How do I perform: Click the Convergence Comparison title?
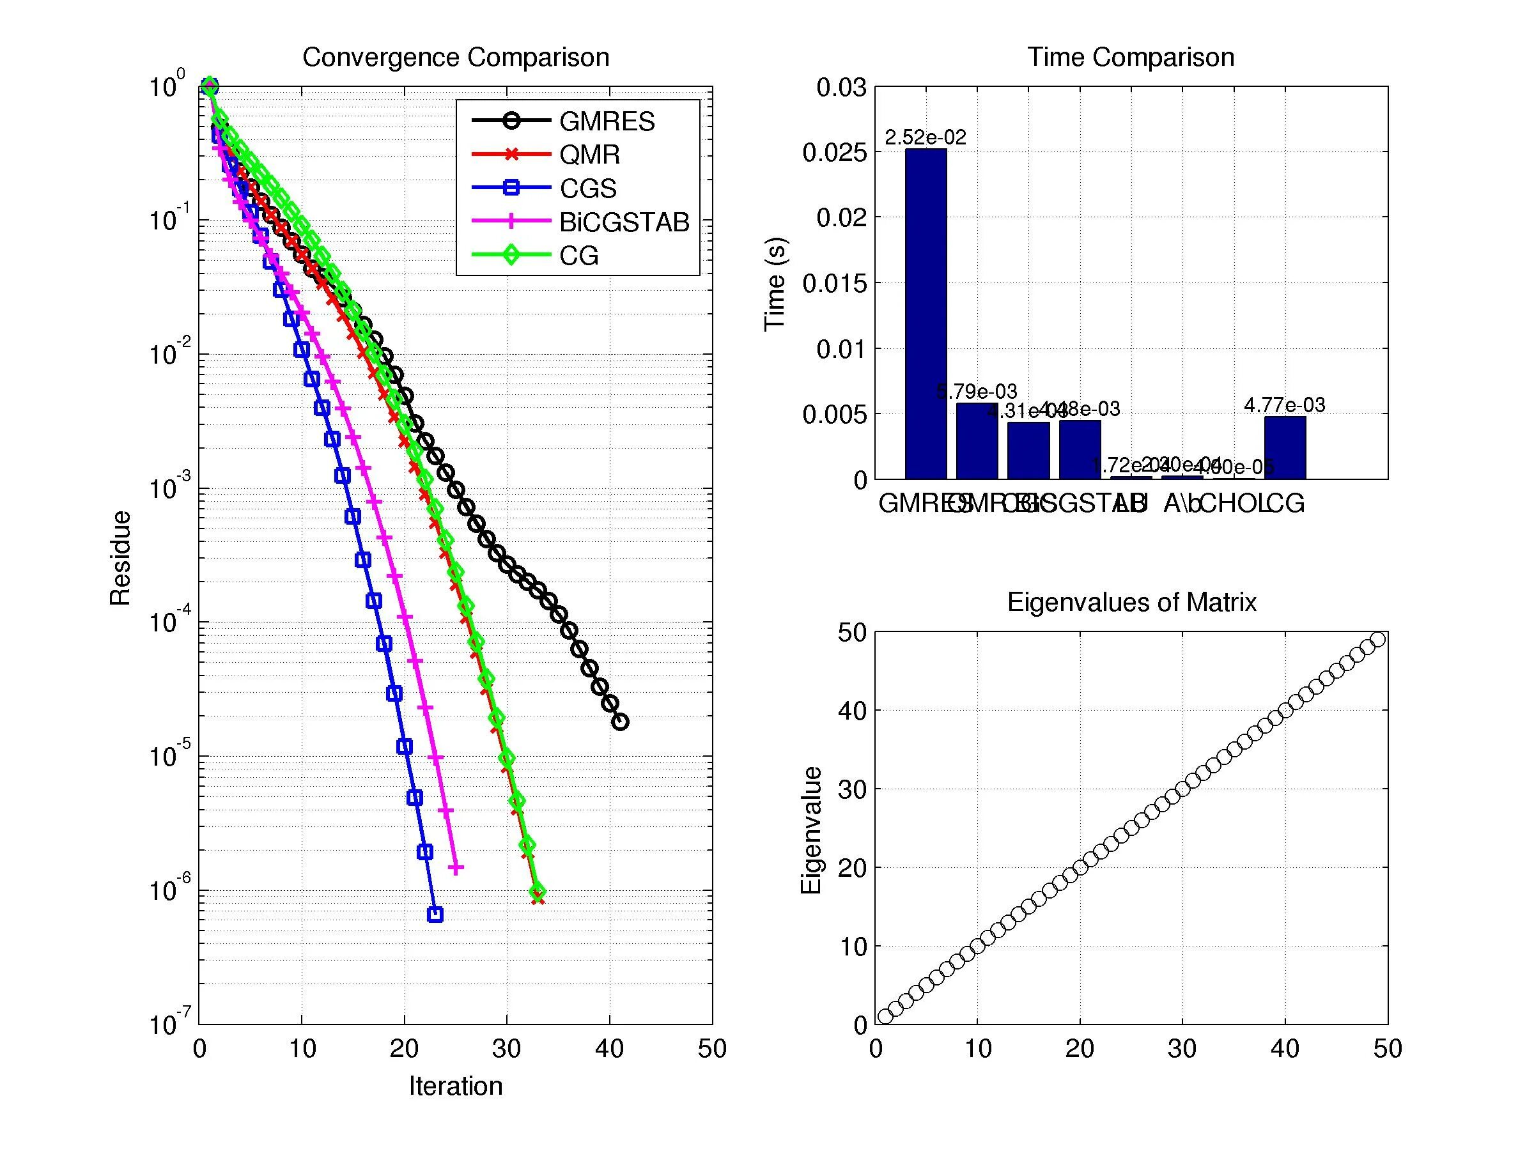(x=456, y=57)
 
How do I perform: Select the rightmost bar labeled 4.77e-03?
(x=1284, y=448)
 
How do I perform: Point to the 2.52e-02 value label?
(x=925, y=137)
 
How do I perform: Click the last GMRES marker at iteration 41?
(x=620, y=722)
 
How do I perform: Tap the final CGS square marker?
(x=435, y=915)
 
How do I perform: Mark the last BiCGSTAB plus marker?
(x=456, y=867)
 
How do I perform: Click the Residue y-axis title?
(x=120, y=557)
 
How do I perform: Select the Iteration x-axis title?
(x=456, y=1086)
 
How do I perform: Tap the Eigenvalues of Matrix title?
(x=1131, y=602)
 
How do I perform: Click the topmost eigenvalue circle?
(x=1378, y=639)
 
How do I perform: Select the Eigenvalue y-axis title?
(x=810, y=830)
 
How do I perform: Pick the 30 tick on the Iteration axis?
(x=507, y=1048)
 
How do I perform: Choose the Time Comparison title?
(x=1131, y=57)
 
